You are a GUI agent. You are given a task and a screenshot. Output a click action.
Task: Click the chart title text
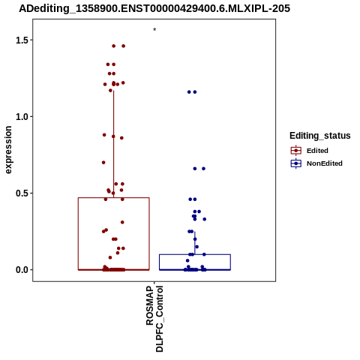click(154, 8)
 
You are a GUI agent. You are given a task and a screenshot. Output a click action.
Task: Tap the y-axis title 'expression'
click(8, 150)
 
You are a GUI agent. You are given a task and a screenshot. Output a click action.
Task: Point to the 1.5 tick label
click(22, 40)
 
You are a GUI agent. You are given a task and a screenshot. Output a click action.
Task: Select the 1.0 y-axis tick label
click(22, 116)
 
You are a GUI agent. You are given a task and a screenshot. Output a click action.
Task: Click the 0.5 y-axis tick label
click(22, 193)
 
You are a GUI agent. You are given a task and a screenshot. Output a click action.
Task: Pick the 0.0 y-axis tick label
click(22, 270)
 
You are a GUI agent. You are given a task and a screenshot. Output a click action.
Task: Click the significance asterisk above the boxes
click(154, 29)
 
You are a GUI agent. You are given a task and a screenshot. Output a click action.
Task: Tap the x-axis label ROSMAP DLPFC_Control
click(154, 319)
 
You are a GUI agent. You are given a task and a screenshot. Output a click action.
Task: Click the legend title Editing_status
click(320, 136)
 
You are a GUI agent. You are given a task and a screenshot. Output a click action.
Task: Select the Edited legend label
click(317, 151)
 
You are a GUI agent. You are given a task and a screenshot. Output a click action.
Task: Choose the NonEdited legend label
click(325, 163)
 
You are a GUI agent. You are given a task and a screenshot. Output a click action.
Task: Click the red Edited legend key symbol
click(296, 151)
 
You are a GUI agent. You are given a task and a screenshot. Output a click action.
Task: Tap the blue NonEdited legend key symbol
click(296, 163)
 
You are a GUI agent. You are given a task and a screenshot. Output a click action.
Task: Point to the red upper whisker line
click(114, 144)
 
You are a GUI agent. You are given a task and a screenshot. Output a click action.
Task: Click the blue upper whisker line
click(195, 243)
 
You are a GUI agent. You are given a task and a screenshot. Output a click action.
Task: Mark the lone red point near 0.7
click(103, 163)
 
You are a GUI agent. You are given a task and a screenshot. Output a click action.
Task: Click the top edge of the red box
click(114, 198)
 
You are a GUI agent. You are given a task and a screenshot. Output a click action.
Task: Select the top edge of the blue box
click(195, 254)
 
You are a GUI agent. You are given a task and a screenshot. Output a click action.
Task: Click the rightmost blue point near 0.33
click(205, 219)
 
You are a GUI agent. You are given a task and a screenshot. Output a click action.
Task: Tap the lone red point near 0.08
click(110, 257)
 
